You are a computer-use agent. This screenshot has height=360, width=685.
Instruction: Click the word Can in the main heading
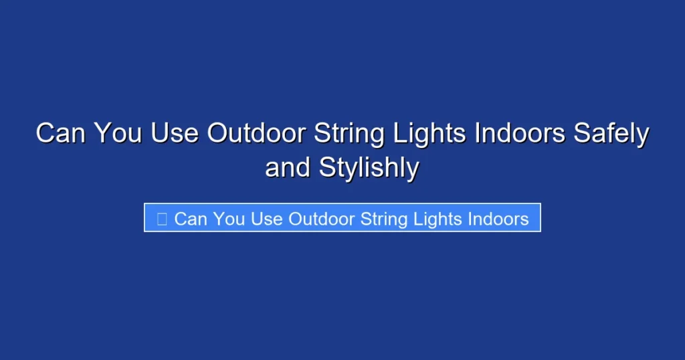click(61, 133)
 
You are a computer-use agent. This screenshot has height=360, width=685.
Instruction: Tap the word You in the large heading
click(118, 133)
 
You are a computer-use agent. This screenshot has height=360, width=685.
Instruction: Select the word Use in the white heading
click(175, 133)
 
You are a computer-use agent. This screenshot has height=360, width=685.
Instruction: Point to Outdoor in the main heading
click(250, 133)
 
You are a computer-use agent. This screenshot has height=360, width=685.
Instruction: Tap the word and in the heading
click(288, 167)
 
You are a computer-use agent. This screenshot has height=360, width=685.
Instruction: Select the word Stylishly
click(369, 169)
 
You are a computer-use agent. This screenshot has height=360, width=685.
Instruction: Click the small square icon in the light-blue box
click(161, 219)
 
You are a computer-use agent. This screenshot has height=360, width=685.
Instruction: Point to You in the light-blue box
click(229, 219)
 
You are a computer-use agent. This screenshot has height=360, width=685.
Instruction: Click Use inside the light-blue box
click(267, 219)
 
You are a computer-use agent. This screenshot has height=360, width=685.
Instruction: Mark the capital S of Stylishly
click(326, 167)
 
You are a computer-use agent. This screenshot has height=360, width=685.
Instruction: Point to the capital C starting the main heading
click(45, 133)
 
